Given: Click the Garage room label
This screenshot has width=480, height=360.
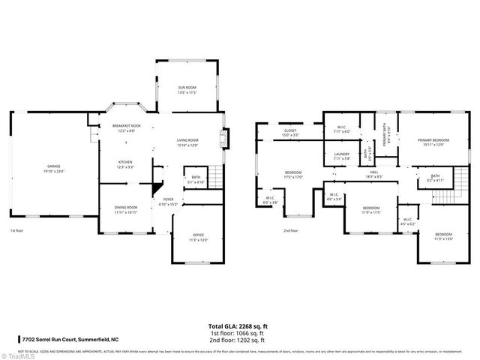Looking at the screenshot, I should coord(54,167).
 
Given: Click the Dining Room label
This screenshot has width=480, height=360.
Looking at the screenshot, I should coord(125,209).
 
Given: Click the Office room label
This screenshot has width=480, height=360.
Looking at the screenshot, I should coord(197,237).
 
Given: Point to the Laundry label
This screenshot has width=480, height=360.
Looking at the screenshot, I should coord(340,156).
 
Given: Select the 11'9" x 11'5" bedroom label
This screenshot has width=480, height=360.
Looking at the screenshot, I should coord(371,210).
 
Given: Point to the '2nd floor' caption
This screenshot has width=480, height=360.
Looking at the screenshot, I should coord(290,231).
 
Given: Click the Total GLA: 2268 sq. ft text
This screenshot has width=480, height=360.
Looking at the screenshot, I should coord(239,326).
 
